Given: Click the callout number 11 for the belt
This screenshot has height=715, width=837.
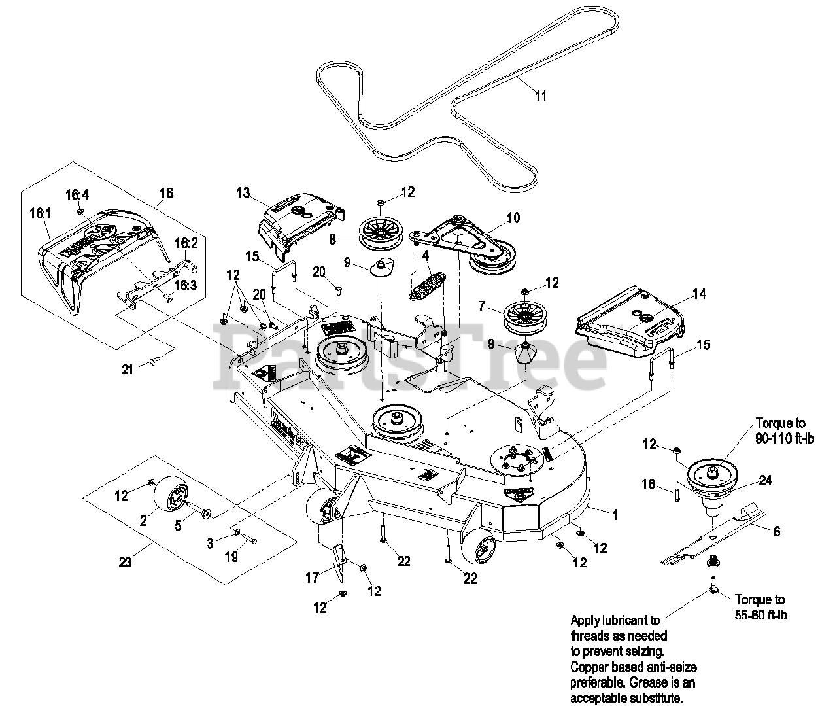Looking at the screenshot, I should [540, 96].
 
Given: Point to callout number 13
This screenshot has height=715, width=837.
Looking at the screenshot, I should [243, 192].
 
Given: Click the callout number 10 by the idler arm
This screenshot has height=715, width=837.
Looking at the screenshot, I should [513, 217].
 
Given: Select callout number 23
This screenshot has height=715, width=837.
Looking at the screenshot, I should [125, 561].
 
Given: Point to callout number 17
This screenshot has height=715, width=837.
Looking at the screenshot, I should [312, 578].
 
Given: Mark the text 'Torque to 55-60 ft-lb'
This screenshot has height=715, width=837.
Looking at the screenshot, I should [760, 606].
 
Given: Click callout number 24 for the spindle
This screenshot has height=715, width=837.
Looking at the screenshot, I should [765, 480].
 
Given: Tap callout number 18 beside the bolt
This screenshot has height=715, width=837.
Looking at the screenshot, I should [649, 484].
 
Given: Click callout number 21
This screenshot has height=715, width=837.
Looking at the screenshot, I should [127, 370].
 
